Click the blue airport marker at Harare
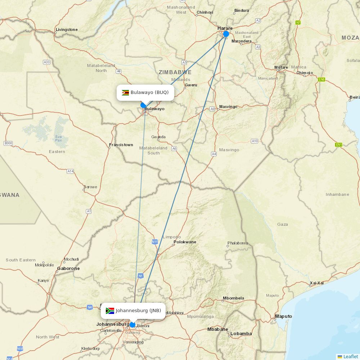point(226,34)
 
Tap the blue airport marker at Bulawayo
point(143,105)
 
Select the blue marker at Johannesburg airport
point(132,325)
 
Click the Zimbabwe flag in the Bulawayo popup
point(125,93)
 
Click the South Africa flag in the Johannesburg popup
point(110,311)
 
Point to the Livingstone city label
point(67,30)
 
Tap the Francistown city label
point(121,145)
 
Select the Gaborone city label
point(68,269)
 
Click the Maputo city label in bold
point(283,316)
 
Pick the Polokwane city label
point(185,242)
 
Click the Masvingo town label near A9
point(228,107)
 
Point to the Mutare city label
point(281,67)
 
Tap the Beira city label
point(355,97)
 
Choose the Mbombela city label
point(233,298)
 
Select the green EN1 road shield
point(338,145)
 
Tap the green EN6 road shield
point(321,79)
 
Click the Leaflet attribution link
point(350,356)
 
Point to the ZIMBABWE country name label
point(175,72)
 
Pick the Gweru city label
point(191,85)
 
